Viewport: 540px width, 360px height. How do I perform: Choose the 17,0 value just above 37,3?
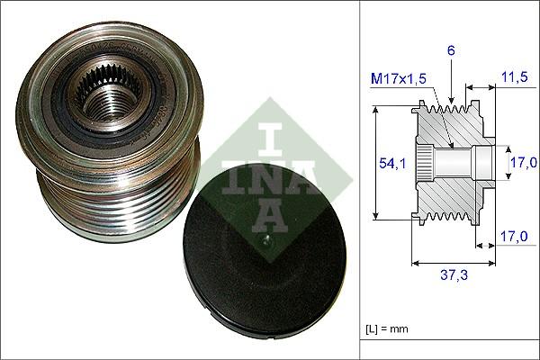click(512, 238)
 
